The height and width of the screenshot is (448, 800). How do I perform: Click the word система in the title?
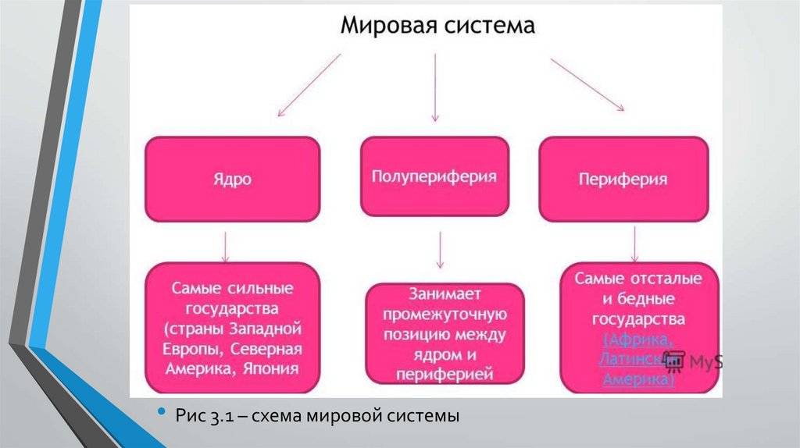[x=485, y=27]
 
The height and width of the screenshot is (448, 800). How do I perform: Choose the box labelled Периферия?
[x=623, y=179]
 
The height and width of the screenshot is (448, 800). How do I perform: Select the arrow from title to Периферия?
[x=587, y=84]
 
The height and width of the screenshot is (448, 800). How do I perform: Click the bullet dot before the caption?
[x=162, y=411]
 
